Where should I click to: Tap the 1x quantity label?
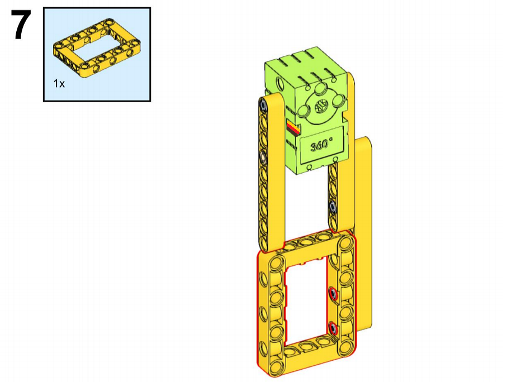pyautogui.click(x=59, y=84)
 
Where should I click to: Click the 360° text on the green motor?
pyautogui.click(x=321, y=145)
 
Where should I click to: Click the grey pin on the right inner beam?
pyautogui.click(x=333, y=207)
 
